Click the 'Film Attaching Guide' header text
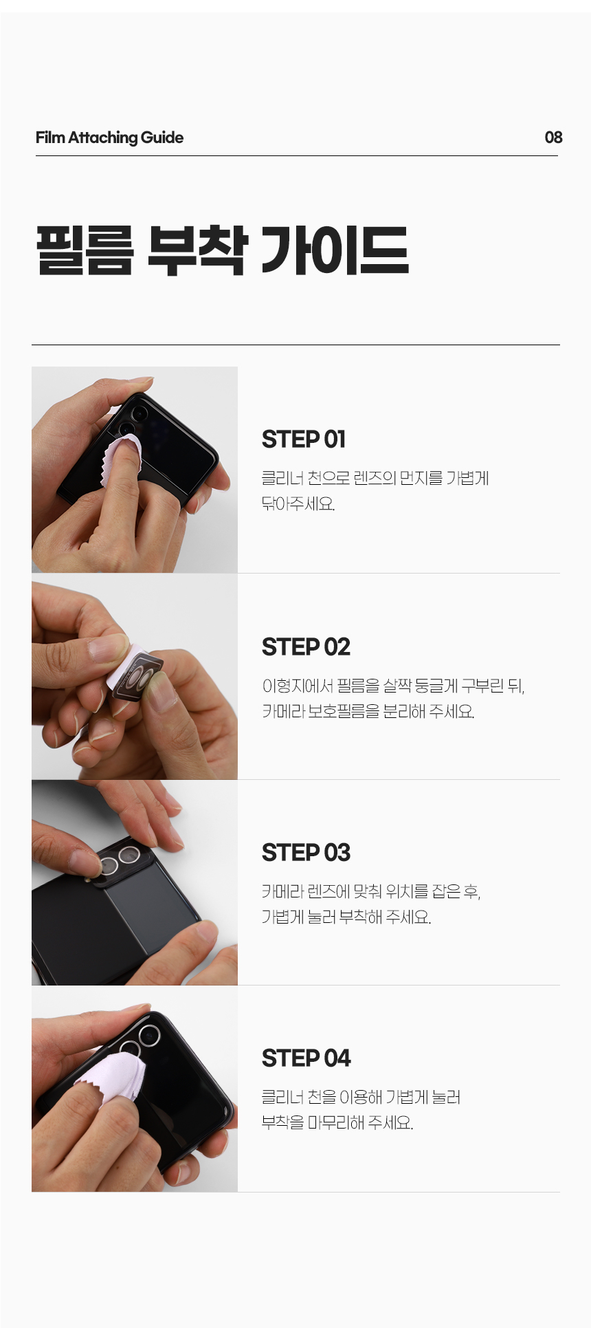point(109,138)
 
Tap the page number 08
point(553,138)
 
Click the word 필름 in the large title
point(85,251)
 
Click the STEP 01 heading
point(304,439)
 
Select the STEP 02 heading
point(306,646)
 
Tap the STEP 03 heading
point(306,852)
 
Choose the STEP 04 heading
point(306,1058)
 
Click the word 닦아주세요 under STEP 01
point(298,503)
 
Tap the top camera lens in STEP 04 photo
point(149,1035)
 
